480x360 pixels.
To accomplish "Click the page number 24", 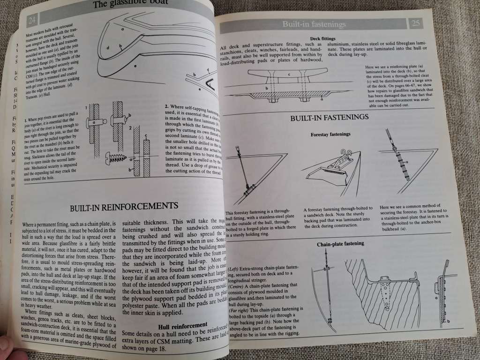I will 32,20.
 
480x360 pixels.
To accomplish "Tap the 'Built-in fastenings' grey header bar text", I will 314,24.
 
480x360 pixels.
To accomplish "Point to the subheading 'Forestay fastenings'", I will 330,135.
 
